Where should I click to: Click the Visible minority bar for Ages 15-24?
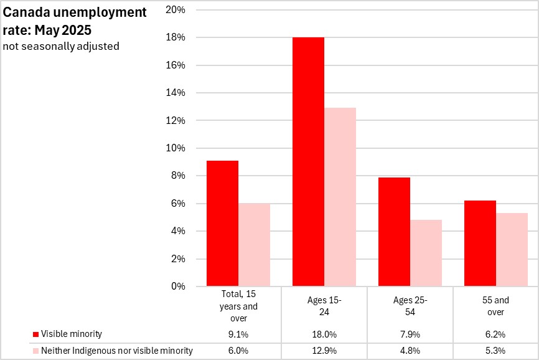pos(308,162)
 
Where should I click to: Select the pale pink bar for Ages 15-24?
pos(340,197)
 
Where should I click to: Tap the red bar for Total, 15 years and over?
pos(222,224)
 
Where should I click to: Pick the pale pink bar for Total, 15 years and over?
pos(254,245)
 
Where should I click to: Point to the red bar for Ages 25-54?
pos(394,232)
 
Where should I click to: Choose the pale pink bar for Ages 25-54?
pos(426,253)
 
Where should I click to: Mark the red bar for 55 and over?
pos(480,244)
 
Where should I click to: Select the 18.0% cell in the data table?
pos(324,334)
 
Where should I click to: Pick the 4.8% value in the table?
pos(410,351)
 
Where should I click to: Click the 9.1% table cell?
pos(238,334)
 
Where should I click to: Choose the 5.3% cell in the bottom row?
pos(496,351)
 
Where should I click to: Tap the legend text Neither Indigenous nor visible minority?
pos(117,351)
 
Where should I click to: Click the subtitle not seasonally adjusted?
pos(60,46)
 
